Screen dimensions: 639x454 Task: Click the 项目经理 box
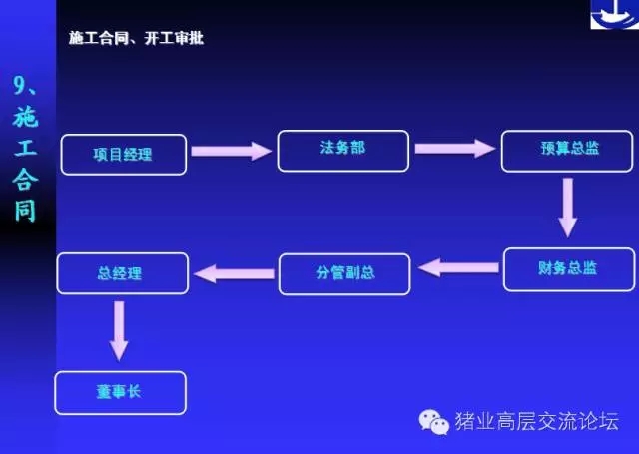click(x=124, y=155)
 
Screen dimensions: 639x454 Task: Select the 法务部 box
click(x=343, y=151)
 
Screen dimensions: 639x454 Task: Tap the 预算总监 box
click(x=567, y=151)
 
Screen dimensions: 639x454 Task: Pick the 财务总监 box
click(x=569, y=269)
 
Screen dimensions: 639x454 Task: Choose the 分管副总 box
click(x=344, y=274)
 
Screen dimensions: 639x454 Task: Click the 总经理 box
click(x=123, y=273)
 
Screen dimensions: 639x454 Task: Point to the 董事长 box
click(x=120, y=393)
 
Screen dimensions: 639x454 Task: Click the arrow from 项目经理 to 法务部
click(x=231, y=151)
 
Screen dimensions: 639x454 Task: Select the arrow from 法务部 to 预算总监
click(x=455, y=148)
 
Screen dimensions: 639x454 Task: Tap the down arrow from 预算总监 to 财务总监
click(x=568, y=208)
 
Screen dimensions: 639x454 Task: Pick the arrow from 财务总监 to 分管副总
click(x=458, y=267)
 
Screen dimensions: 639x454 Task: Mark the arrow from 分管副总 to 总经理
click(x=234, y=273)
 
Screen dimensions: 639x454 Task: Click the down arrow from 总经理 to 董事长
click(x=119, y=331)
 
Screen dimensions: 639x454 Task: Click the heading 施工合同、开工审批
click(x=136, y=38)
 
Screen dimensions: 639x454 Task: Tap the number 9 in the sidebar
click(x=20, y=85)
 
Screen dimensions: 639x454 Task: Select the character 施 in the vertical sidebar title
click(x=25, y=117)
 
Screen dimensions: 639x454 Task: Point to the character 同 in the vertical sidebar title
click(x=25, y=211)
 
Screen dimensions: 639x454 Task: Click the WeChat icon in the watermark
click(x=433, y=422)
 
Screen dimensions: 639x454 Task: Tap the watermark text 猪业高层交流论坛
click(x=537, y=421)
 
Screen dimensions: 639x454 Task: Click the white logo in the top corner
click(x=615, y=14)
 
